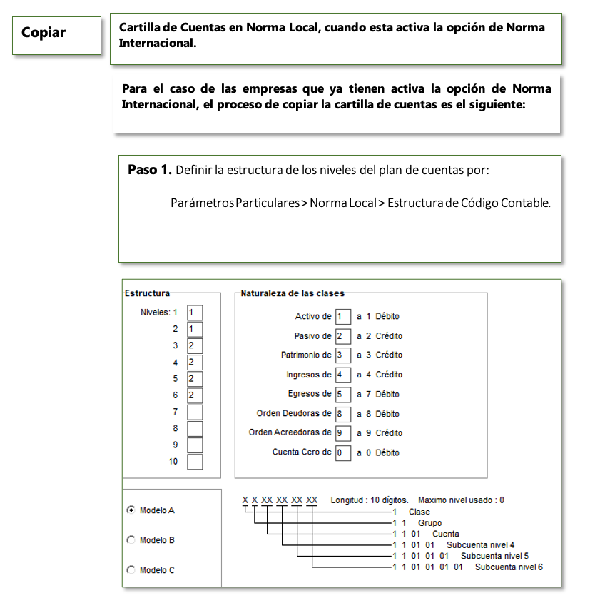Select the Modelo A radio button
click(131, 510)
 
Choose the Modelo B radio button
click(131, 540)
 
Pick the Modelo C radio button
click(131, 570)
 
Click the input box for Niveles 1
click(195, 313)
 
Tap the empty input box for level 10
click(195, 462)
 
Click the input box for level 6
click(195, 395)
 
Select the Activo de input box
click(343, 316)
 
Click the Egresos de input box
click(343, 394)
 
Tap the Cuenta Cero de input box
click(343, 452)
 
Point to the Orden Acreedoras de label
click(290, 432)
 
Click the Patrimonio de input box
click(343, 355)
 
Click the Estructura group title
click(147, 293)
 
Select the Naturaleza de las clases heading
click(293, 293)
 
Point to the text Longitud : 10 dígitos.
click(369, 500)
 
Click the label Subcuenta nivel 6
click(509, 567)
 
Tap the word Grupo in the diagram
click(429, 523)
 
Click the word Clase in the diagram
click(419, 512)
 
